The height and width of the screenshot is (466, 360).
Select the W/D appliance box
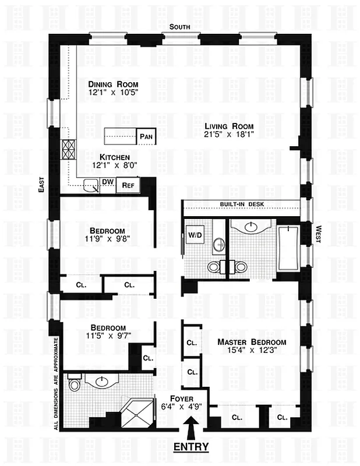click(193, 236)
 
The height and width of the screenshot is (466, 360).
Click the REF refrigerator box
click(128, 186)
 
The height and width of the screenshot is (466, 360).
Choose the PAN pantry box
click(146, 137)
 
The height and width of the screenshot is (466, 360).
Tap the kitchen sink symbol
click(91, 186)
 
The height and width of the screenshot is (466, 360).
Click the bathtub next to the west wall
click(288, 249)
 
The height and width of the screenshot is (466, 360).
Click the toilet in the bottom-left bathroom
click(74, 385)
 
